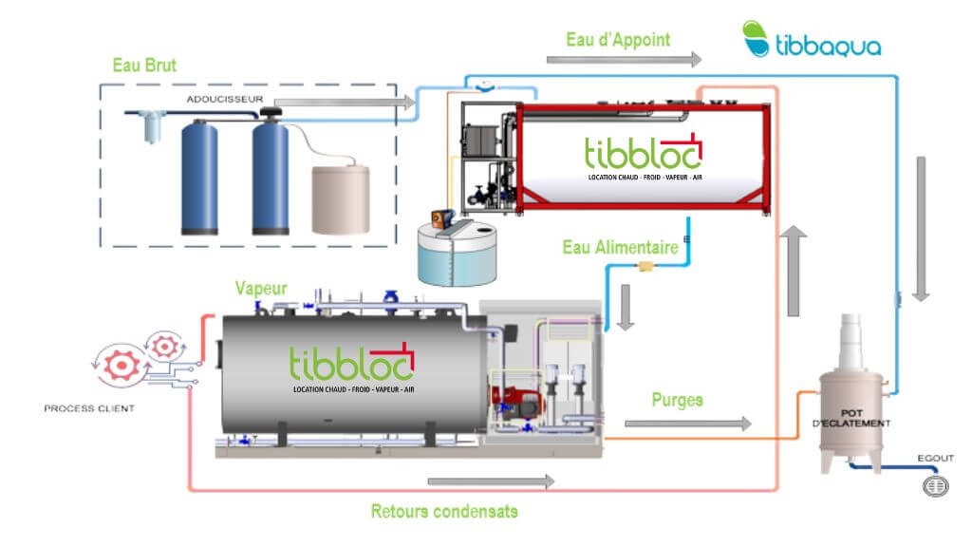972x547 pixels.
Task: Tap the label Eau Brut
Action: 145,66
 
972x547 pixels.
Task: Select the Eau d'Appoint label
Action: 618,40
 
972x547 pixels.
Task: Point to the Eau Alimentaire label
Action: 620,248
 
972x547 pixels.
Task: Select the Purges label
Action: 677,400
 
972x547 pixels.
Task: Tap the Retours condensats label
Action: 444,511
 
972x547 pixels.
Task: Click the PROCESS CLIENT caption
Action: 89,408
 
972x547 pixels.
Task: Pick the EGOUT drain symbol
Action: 936,485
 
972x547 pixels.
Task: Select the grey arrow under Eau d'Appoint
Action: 624,60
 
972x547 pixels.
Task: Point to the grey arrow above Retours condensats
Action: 490,481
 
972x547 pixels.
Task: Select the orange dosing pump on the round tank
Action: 439,217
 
